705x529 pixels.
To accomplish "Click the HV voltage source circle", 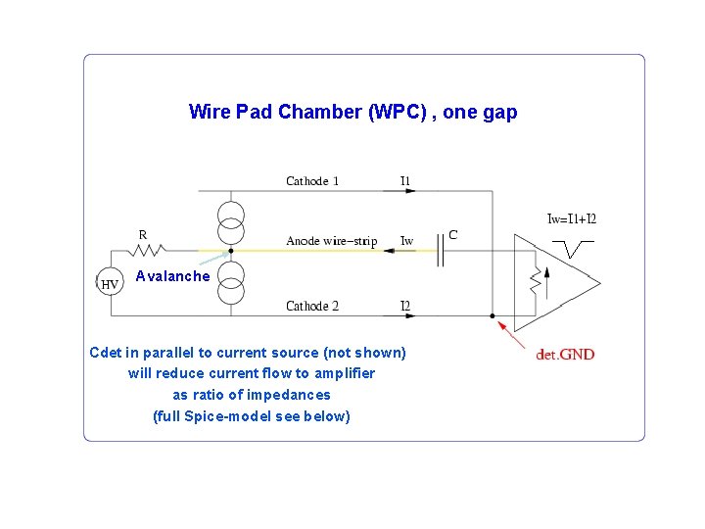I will click(x=110, y=284).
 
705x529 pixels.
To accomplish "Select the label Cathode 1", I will click(x=312, y=181).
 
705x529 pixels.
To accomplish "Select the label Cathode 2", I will click(x=312, y=306).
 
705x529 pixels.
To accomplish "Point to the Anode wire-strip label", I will click(x=331, y=241).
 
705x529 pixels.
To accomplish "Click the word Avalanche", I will click(x=172, y=276).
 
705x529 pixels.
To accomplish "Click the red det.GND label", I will click(x=565, y=355).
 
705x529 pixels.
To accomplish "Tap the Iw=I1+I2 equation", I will click(x=572, y=219).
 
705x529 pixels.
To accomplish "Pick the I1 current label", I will click(x=405, y=181).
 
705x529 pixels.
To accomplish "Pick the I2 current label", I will click(x=405, y=306).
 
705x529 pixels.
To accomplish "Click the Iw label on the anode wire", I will click(x=406, y=241).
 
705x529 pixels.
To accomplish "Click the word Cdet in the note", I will click(x=107, y=353).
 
